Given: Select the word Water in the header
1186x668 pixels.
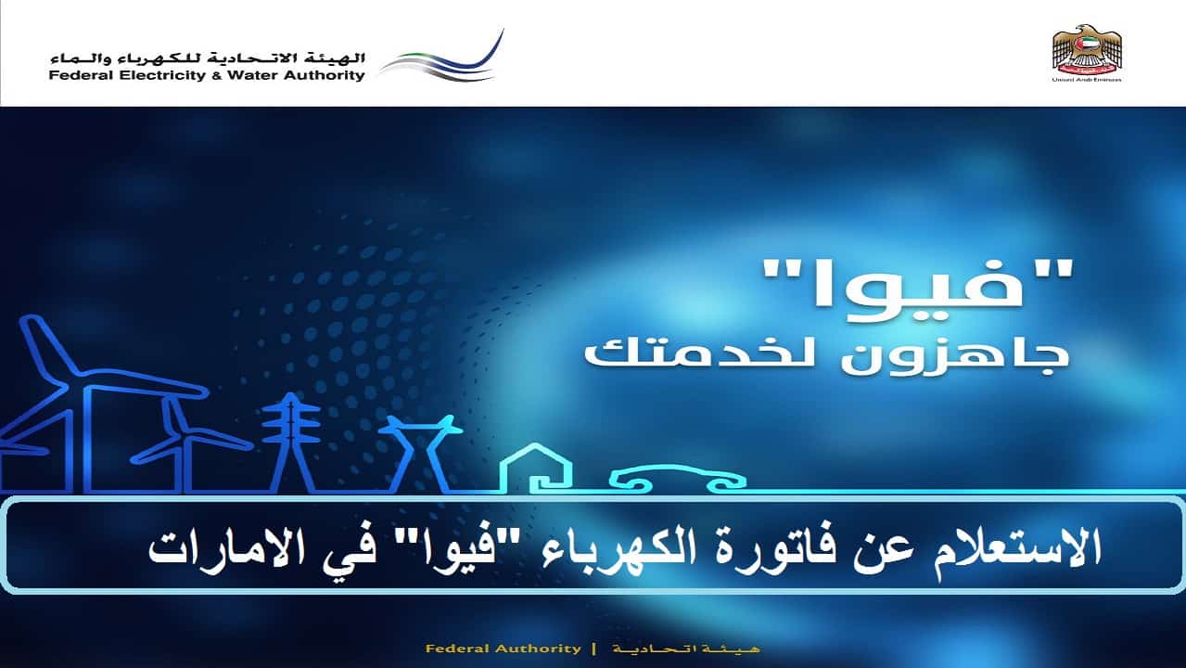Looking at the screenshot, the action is [x=252, y=75].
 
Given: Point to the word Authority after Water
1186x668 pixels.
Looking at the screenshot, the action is [x=324, y=76].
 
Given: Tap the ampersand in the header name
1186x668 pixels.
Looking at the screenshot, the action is [x=216, y=75].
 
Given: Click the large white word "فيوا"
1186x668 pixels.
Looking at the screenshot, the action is [x=918, y=289].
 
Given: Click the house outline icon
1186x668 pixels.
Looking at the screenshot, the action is [x=535, y=469].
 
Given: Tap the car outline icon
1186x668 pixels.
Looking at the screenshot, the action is [x=678, y=479].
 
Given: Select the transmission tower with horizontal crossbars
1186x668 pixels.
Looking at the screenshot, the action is [x=290, y=443].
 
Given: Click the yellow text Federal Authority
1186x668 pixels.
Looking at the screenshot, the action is [x=503, y=649].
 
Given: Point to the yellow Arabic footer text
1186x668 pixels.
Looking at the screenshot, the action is [x=686, y=649].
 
